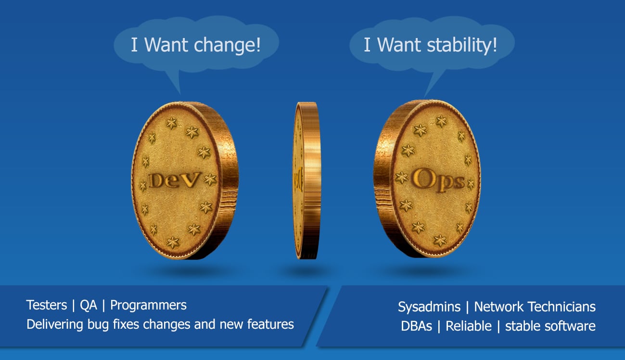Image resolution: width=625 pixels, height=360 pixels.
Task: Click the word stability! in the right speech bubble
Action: pos(462,45)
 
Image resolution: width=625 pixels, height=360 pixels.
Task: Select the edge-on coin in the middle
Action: pos(307,180)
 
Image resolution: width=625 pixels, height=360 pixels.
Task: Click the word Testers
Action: pos(47,305)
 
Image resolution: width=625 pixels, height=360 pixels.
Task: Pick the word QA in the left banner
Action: pos(89,305)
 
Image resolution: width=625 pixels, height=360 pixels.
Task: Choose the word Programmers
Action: pos(148,305)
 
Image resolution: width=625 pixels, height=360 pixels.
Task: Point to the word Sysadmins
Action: pos(429,307)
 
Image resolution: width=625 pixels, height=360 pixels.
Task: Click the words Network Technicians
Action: pos(535,307)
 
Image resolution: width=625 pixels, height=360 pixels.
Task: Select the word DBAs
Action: pos(416,326)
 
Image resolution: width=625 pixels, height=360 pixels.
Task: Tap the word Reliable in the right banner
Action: pos(469,326)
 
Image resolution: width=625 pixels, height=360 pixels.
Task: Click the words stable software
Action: pos(550,326)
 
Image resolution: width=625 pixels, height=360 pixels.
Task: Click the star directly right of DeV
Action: pos(210,180)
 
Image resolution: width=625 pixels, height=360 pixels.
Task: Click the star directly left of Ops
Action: pos(401,178)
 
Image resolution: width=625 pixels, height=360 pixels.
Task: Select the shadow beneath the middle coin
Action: pos(307,271)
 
